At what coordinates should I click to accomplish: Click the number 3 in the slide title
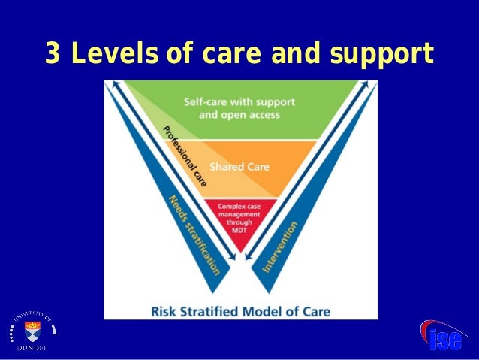tap(53, 54)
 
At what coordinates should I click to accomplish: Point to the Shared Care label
tap(239, 166)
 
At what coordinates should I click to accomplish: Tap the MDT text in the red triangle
tap(239, 231)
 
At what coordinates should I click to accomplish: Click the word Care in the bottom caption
tap(315, 310)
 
